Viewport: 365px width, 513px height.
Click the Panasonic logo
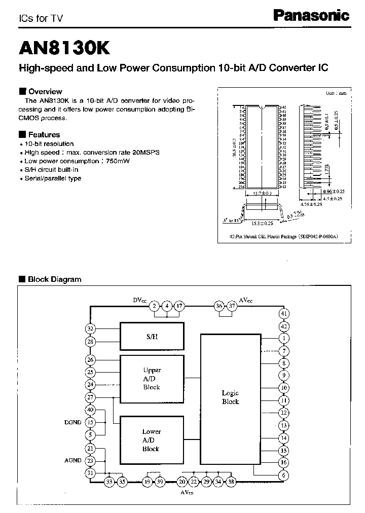click(x=311, y=16)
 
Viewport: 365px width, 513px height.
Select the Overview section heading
click(x=45, y=92)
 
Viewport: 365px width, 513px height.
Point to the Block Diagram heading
click(x=54, y=279)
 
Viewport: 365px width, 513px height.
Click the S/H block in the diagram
click(x=151, y=337)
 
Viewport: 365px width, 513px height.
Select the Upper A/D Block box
click(x=151, y=379)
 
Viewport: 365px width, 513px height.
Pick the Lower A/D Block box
click(x=151, y=440)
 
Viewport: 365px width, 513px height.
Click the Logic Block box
click(x=230, y=397)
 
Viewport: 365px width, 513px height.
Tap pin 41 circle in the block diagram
click(x=284, y=314)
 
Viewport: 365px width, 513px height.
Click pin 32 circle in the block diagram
click(x=91, y=328)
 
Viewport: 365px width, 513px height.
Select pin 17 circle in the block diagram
click(x=179, y=306)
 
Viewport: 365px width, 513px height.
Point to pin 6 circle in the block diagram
click(x=284, y=475)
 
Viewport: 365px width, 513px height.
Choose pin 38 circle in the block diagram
click(x=231, y=482)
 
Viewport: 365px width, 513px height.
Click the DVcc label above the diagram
click(x=139, y=301)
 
